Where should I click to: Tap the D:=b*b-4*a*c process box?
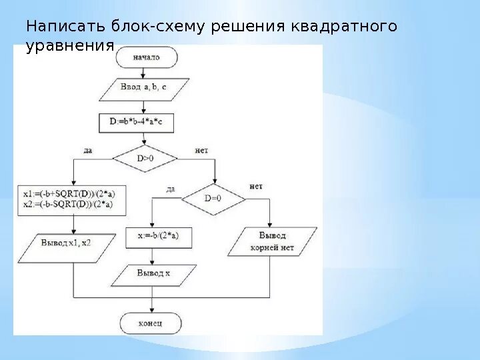(x=145, y=121)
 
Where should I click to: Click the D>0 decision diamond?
(x=145, y=159)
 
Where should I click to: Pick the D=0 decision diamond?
(x=213, y=198)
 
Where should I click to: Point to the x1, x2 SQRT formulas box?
(x=72, y=199)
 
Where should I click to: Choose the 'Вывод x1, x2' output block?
(x=65, y=243)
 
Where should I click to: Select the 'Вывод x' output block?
(x=154, y=273)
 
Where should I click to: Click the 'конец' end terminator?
(x=151, y=324)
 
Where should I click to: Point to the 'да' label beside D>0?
(x=88, y=151)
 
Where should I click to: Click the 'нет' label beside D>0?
(x=201, y=151)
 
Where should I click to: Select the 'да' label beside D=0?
(x=171, y=189)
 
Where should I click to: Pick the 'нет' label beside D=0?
(x=255, y=186)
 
